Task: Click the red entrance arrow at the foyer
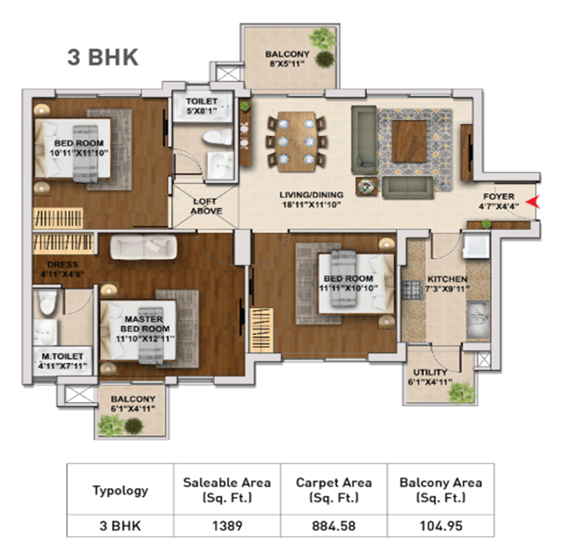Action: point(533,202)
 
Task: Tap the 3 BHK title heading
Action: point(103,57)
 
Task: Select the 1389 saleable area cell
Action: point(227,526)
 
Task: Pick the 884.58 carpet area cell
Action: point(333,526)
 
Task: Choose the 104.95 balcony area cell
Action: point(441,526)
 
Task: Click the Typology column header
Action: point(121,489)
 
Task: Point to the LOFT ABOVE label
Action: point(206,206)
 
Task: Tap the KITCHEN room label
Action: point(447,279)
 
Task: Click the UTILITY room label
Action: point(430,372)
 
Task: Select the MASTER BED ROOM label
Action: point(144,324)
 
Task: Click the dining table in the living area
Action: point(296,142)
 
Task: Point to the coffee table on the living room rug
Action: point(409,142)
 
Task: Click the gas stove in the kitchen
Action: point(412,290)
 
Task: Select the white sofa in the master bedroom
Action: point(144,247)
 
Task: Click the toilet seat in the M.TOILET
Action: point(48,302)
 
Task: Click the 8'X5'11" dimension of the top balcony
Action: point(287,63)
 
